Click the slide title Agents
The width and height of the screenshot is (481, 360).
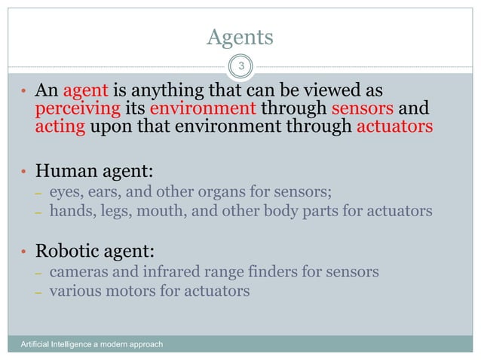240,38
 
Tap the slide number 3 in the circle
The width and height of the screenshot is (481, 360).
240,67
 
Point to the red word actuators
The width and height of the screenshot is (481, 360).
394,125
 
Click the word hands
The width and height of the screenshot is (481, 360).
68,211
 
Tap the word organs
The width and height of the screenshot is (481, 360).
227,193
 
